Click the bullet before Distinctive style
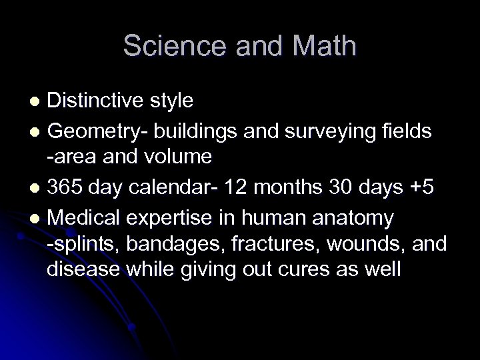coord(37,101)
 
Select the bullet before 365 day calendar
coord(37,189)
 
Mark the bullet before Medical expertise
coord(37,219)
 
